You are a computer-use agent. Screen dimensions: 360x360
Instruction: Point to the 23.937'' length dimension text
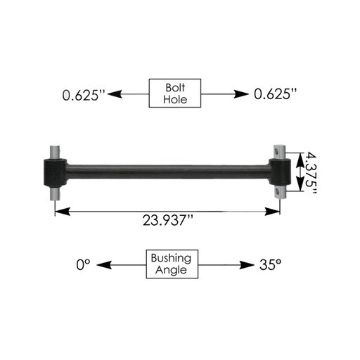[167, 220]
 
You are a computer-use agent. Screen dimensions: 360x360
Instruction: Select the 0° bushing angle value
[84, 265]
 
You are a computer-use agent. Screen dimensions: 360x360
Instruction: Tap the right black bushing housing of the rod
[281, 169]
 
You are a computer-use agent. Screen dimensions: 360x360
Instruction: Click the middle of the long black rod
[169, 169]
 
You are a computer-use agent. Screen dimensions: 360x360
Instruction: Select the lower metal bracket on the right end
[281, 189]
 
